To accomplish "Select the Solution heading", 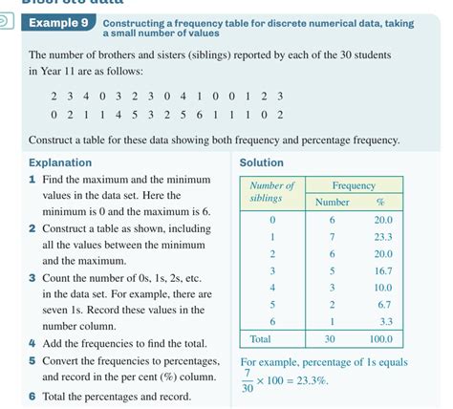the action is [x=261, y=162].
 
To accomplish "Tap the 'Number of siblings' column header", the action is [x=271, y=191].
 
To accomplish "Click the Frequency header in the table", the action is [x=353, y=185].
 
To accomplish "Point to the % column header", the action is [x=379, y=202].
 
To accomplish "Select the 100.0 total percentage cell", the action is [x=379, y=339].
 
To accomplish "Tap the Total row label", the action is [x=260, y=339].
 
